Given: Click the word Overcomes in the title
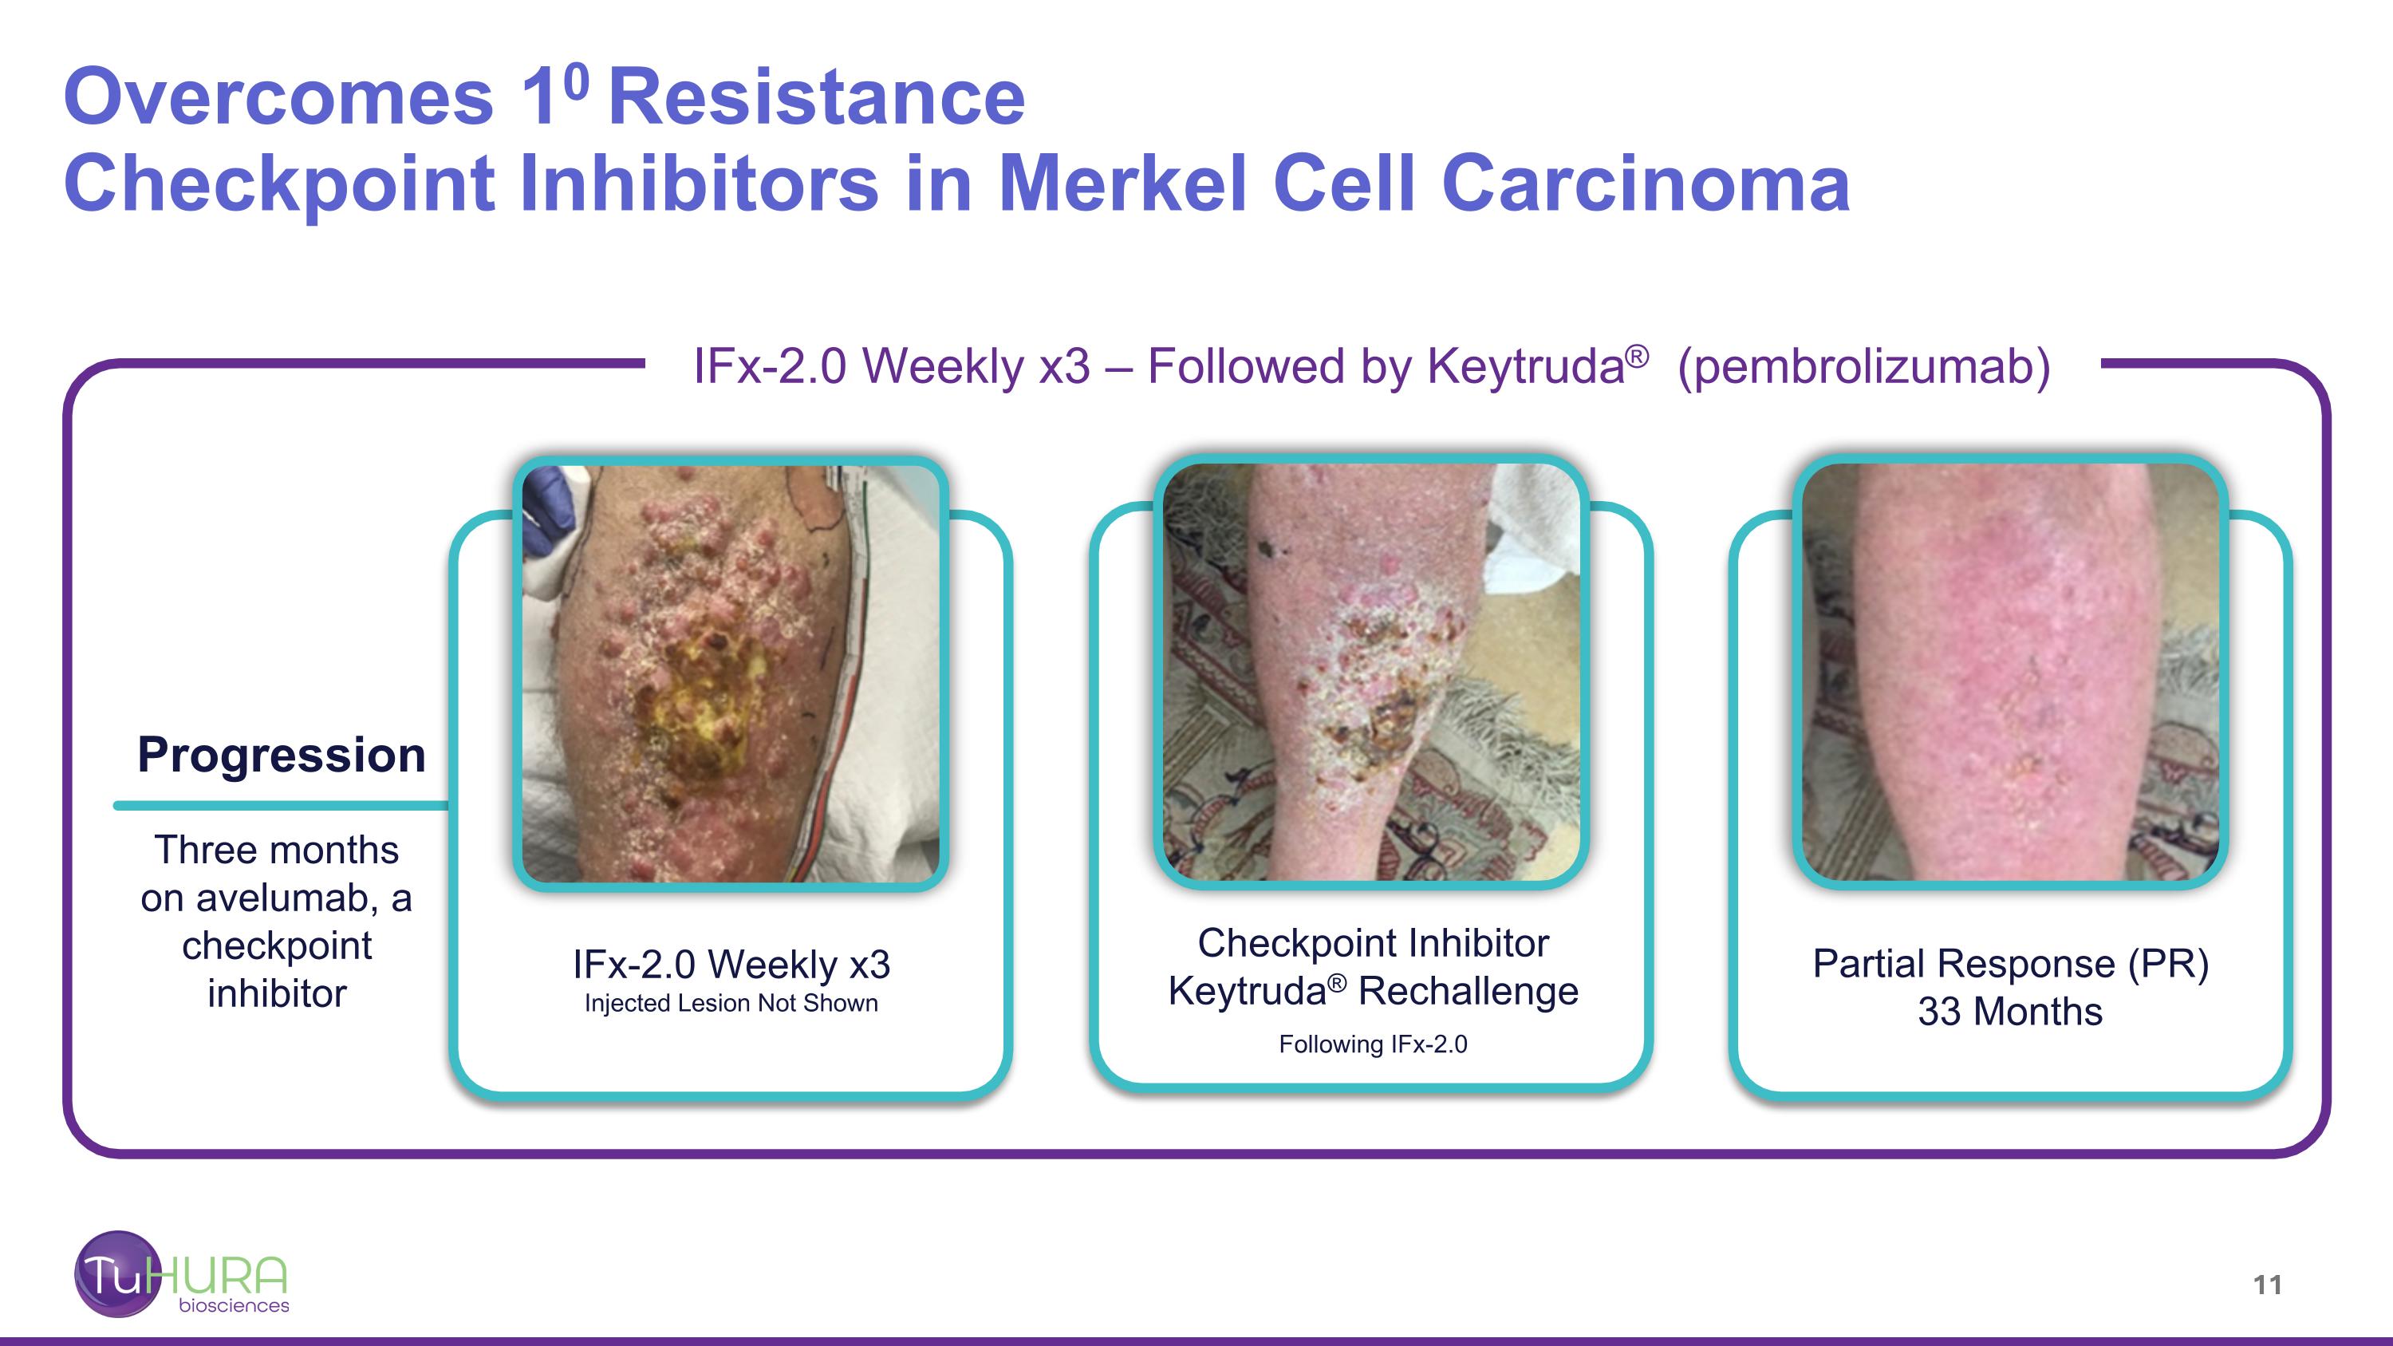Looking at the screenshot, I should click(x=278, y=97).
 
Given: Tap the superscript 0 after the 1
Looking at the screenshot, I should click(x=576, y=81).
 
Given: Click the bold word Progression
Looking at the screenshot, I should click(x=282, y=754).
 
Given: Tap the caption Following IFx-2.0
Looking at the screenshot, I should click(x=1373, y=1044).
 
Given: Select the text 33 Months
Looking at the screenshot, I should click(x=2010, y=1012).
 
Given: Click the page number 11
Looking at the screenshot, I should click(x=2268, y=1285).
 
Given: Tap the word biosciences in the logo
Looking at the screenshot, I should click(x=234, y=1305).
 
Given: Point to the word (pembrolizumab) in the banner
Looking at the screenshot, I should click(x=1864, y=366).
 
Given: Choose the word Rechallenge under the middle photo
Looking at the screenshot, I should click(x=1468, y=991).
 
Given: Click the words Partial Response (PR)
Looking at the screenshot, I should click(x=2010, y=963).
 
